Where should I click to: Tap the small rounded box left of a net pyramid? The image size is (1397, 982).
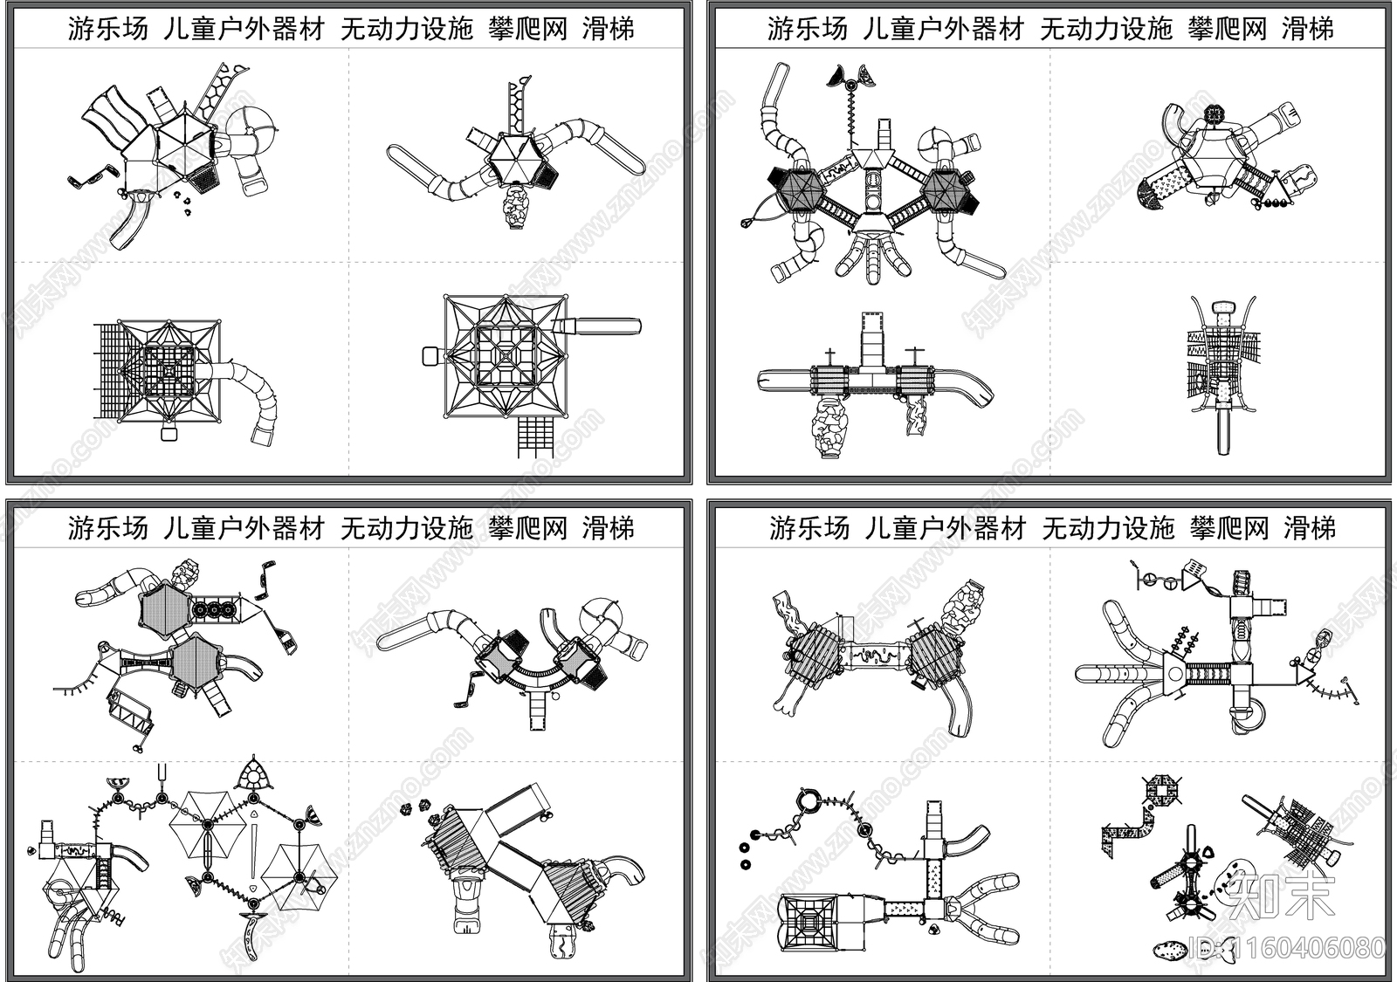430,356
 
